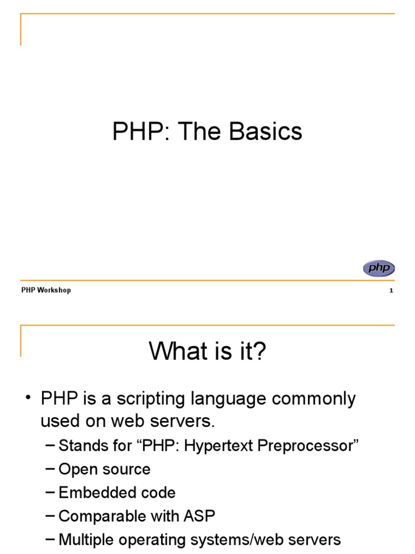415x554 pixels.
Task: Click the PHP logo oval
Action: [x=379, y=268]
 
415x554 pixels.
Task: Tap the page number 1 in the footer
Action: [x=391, y=291]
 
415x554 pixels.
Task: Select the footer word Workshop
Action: [x=54, y=291]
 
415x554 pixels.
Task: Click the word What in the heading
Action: [x=176, y=352]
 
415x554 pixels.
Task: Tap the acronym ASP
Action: [x=199, y=516]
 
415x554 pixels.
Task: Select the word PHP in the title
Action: [x=136, y=131]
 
